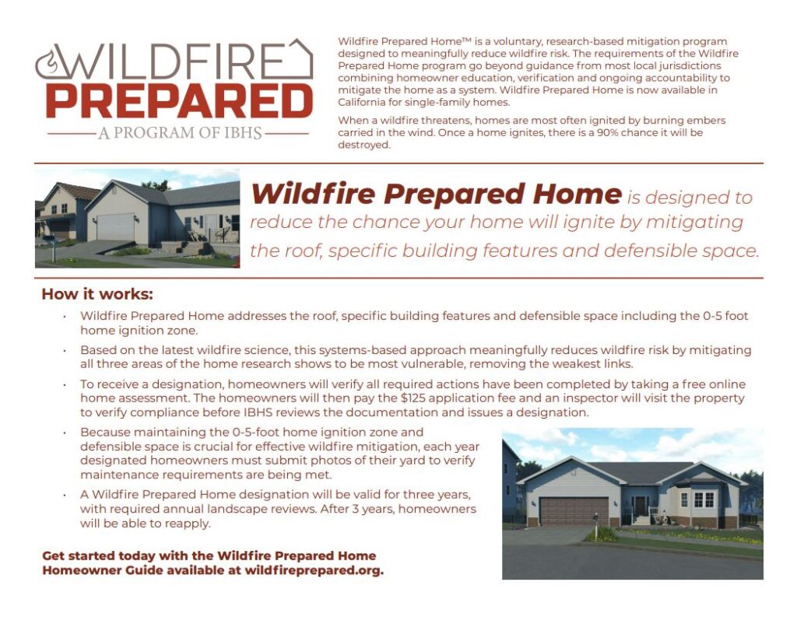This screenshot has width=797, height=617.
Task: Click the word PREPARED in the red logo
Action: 179,100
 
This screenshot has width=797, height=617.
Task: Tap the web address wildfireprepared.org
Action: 314,570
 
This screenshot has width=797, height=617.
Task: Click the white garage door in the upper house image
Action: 114,227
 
